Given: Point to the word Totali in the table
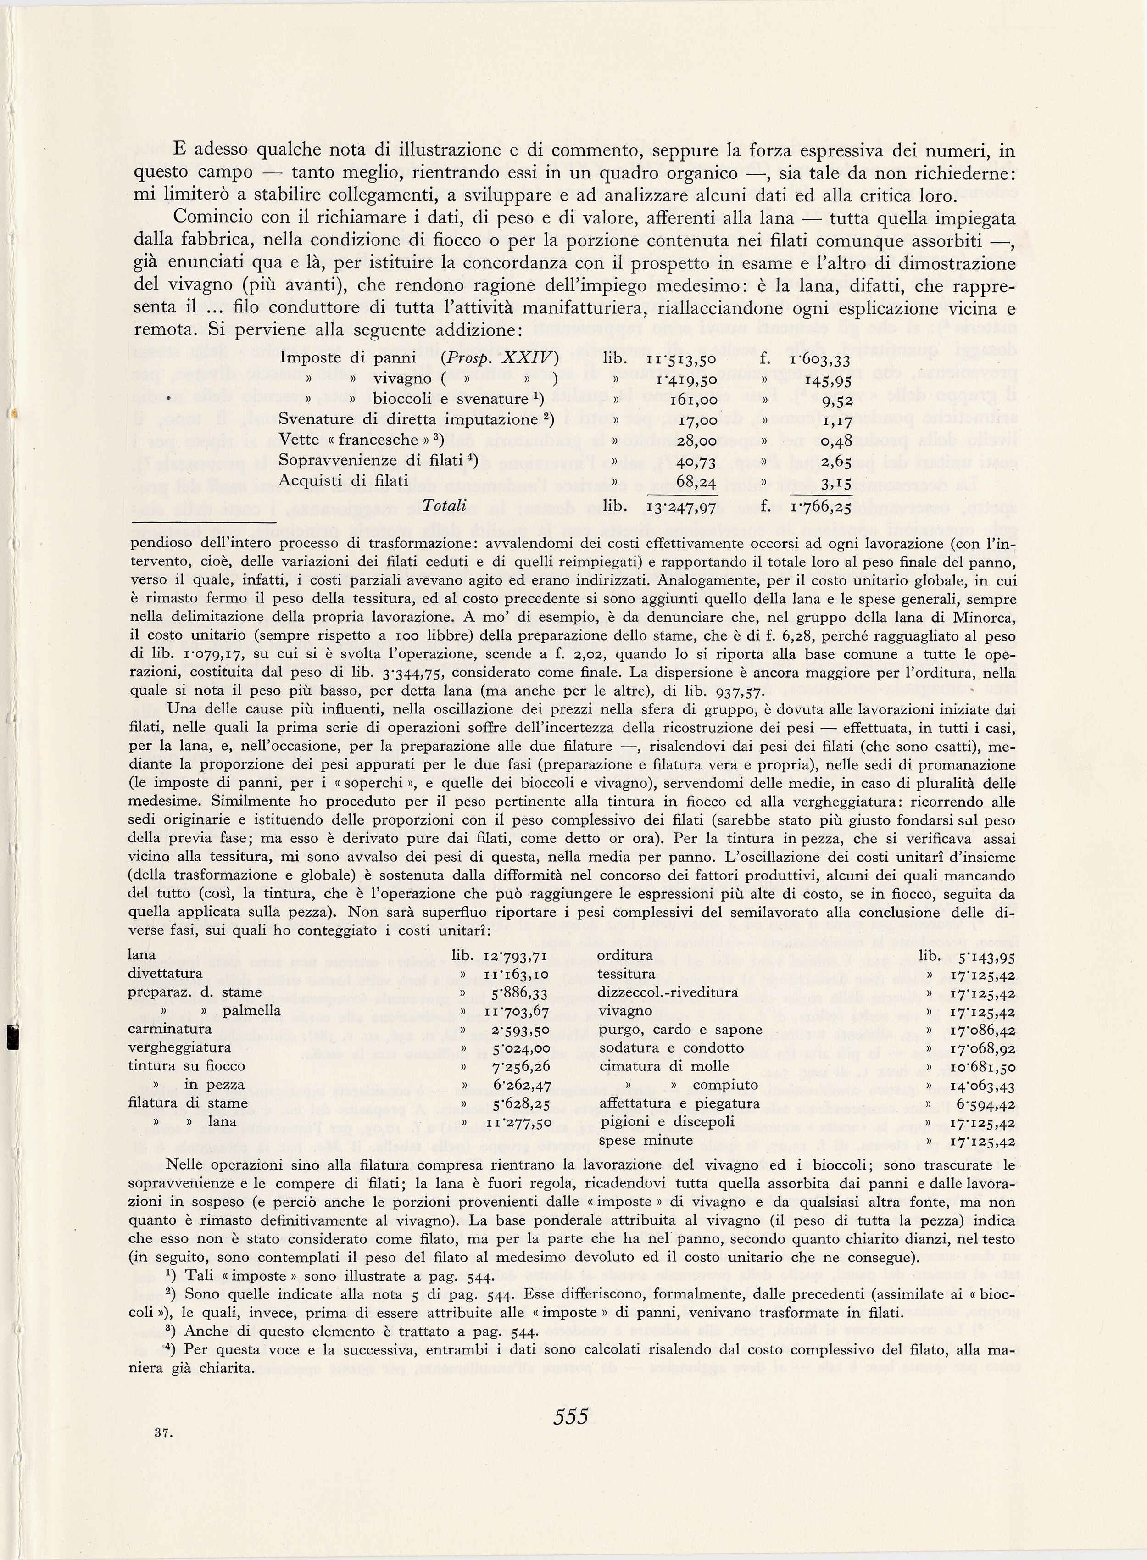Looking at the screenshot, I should pos(445,506).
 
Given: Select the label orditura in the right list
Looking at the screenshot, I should pos(625,955).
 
